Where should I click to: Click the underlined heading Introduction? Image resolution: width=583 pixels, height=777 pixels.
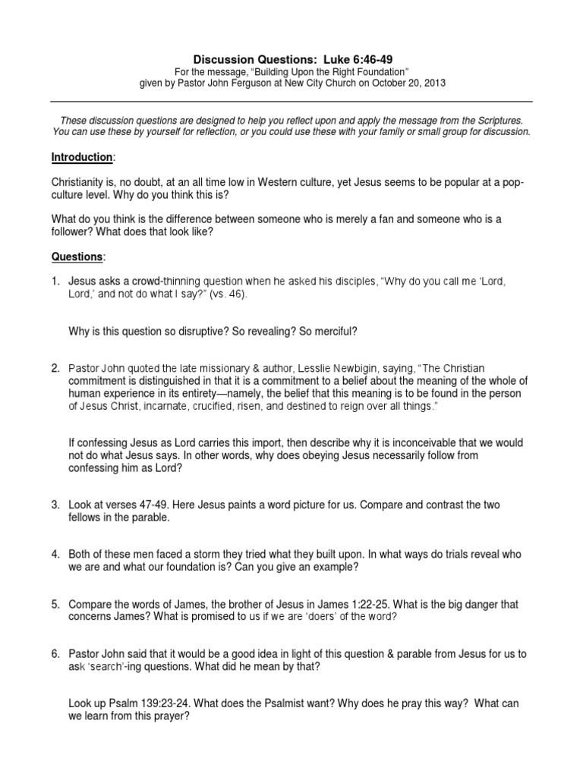(x=80, y=157)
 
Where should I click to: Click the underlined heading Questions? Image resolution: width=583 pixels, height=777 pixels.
(x=76, y=257)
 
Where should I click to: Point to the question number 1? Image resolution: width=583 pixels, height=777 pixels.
(x=55, y=282)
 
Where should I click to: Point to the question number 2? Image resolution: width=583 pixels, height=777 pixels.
(x=55, y=368)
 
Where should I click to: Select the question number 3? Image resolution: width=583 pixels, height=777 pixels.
(x=55, y=505)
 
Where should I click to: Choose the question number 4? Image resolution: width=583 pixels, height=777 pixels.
(x=55, y=555)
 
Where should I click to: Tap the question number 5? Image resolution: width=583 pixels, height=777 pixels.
(x=55, y=605)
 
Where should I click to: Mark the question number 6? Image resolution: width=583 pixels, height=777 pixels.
(x=55, y=654)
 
